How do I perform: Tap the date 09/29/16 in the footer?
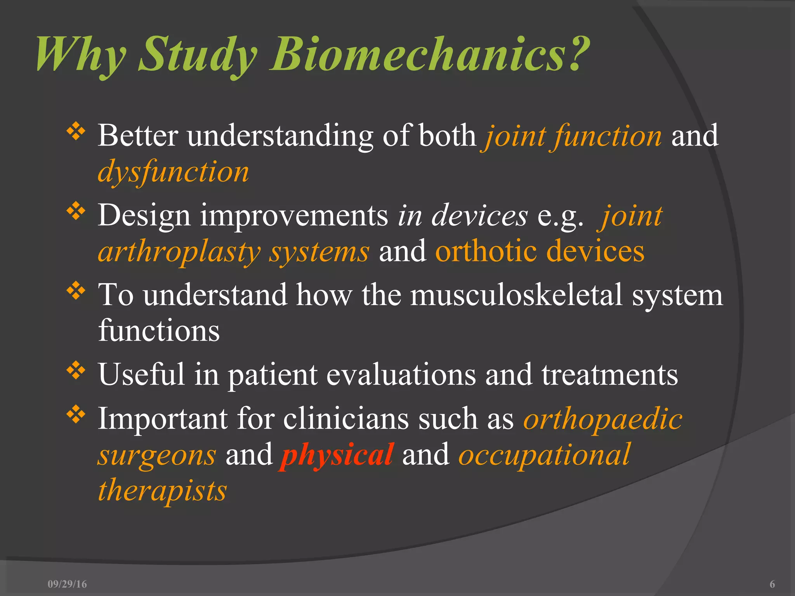click(x=67, y=584)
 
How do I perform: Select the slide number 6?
click(x=772, y=584)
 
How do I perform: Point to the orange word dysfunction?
click(x=173, y=172)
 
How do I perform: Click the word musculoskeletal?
click(x=516, y=295)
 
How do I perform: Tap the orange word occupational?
click(x=544, y=455)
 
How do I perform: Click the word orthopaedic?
click(x=602, y=419)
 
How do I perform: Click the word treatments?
click(x=609, y=375)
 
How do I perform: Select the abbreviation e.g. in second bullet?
click(x=560, y=217)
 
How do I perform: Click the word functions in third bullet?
click(x=159, y=331)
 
